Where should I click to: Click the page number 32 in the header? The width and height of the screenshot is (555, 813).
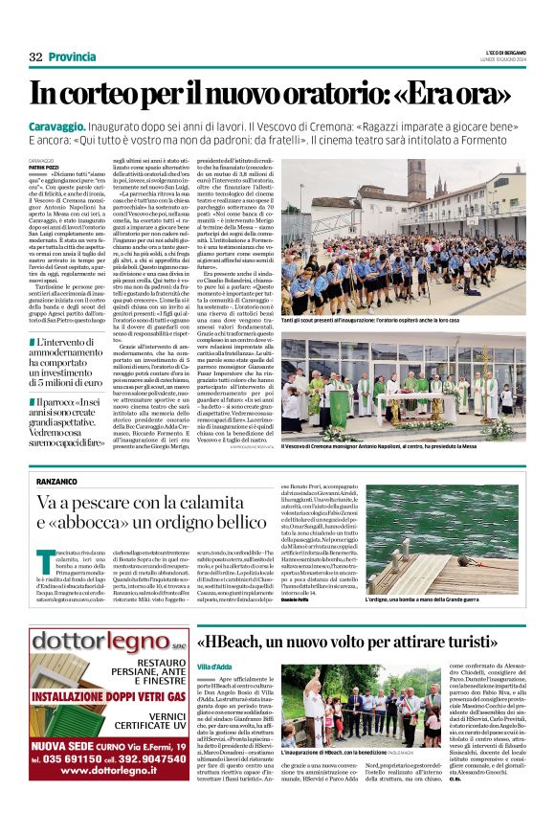pos(35,57)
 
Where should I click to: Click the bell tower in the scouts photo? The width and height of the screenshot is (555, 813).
pos(415,178)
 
